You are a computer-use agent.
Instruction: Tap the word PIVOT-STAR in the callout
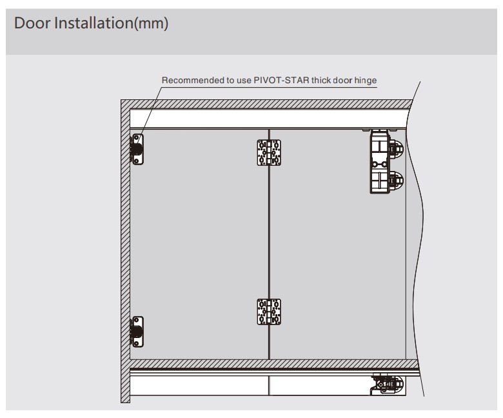(x=281, y=80)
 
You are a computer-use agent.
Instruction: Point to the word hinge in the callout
(x=366, y=81)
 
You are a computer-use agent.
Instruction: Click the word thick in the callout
(x=321, y=80)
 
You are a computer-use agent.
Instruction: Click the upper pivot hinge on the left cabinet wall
(x=137, y=149)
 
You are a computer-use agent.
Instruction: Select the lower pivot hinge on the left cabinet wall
(x=137, y=332)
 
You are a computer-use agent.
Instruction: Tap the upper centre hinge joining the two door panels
(x=269, y=153)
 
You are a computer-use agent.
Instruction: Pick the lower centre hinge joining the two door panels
(x=269, y=312)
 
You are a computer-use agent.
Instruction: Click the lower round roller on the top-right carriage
(x=397, y=180)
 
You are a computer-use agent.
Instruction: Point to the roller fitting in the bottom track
(x=388, y=384)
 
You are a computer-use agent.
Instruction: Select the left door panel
(x=199, y=244)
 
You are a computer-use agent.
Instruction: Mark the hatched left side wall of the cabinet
(x=126, y=251)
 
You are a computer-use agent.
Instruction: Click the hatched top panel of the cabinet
(x=266, y=104)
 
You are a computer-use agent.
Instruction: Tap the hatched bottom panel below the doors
(x=274, y=364)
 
